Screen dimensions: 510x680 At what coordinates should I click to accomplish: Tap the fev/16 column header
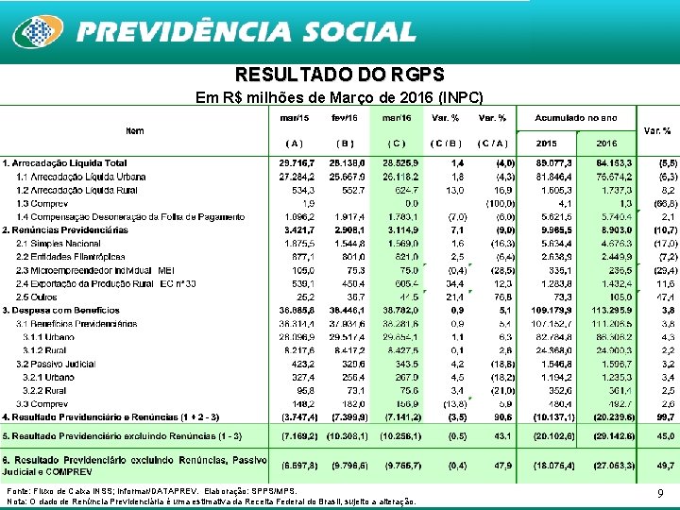[x=345, y=118]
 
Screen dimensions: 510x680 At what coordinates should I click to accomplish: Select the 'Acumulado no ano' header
[x=575, y=118]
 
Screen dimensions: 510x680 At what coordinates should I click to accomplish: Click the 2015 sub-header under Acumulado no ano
[x=548, y=143]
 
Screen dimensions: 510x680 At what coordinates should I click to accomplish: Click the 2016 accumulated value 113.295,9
[x=605, y=309]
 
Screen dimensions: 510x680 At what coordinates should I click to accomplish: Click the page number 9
[x=661, y=493]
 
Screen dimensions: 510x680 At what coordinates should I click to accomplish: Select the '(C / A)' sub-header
[x=492, y=143]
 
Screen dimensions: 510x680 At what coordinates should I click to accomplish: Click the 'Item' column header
[x=135, y=130]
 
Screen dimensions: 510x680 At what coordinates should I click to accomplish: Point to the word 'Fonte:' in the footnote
[x=18, y=491]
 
